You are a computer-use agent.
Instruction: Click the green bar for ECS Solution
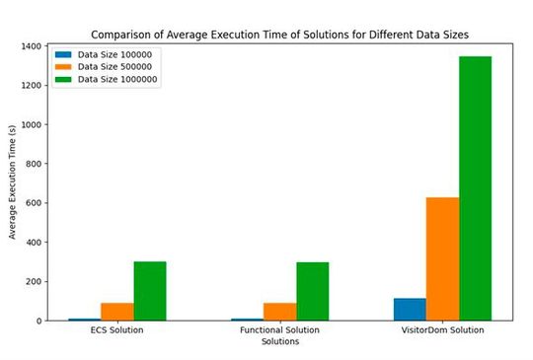[150, 291]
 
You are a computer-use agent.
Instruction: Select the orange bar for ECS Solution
[117, 312]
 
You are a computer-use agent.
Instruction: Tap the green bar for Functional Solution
[313, 291]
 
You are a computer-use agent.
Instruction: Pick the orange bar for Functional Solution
[280, 312]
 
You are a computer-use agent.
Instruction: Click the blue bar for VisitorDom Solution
[410, 310]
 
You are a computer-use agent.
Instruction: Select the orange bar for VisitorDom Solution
[442, 258]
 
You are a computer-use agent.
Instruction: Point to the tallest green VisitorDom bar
[475, 187]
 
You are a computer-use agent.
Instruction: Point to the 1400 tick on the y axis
[38, 46]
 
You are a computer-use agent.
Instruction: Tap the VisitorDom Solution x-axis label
[442, 330]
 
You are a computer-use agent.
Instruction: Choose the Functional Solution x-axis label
[280, 330]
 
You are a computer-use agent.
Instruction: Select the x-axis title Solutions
[280, 342]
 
